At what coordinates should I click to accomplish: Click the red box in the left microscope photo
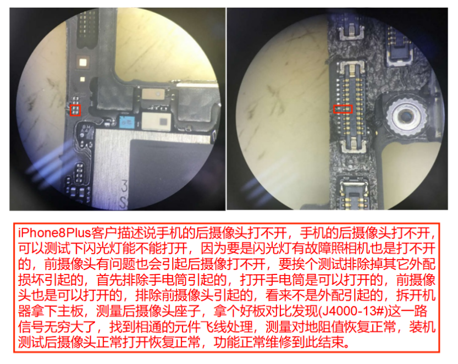tap(75, 110)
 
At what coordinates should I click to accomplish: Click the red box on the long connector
tap(343, 109)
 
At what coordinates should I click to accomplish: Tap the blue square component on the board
tap(128, 122)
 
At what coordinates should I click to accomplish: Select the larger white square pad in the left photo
tap(83, 62)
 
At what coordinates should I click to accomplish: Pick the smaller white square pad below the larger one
tap(82, 79)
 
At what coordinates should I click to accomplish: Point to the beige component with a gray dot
tap(154, 95)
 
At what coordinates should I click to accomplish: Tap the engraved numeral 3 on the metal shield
tap(124, 185)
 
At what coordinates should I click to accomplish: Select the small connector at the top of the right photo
tap(351, 31)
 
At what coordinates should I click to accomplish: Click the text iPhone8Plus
tap(54, 233)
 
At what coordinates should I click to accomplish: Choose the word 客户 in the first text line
tap(104, 233)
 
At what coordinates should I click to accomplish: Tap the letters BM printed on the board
tap(87, 128)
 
